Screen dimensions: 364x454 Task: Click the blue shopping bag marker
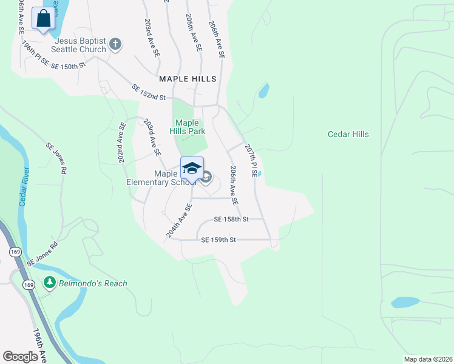pos(44,19)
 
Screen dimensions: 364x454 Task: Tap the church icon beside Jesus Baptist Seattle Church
pos(116,44)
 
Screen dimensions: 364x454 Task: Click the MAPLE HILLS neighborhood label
pos(188,79)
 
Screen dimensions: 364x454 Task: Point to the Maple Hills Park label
pos(190,127)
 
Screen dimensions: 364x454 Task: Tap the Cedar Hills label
pos(348,134)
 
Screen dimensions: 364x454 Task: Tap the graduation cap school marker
pos(192,168)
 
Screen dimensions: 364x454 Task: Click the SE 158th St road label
pos(231,219)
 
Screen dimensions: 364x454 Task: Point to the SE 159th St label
pos(218,240)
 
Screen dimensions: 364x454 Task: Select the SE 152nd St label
pos(149,93)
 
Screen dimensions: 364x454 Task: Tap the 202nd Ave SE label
pos(123,144)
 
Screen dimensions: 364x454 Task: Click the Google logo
pos(20,357)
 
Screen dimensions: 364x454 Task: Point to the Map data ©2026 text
pos(427,359)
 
